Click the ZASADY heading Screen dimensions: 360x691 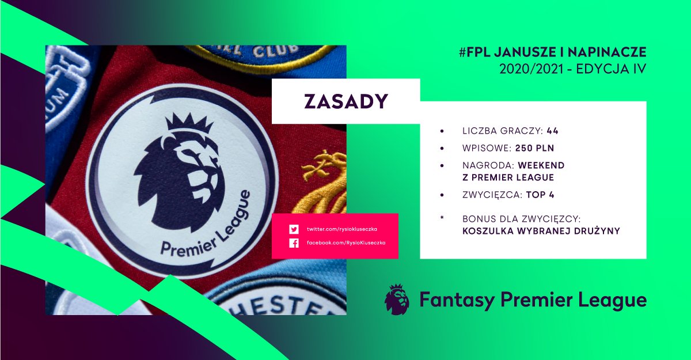pyautogui.click(x=346, y=101)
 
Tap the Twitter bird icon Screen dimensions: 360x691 pyautogui.click(x=294, y=229)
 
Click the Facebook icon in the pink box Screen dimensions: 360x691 pyautogui.click(x=294, y=242)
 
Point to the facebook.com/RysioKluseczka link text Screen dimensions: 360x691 pyautogui.click(x=345, y=242)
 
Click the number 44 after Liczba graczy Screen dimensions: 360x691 pyautogui.click(x=552, y=131)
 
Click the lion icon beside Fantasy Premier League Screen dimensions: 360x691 pyautogui.click(x=397, y=300)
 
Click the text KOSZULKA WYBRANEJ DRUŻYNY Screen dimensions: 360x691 pyautogui.click(x=541, y=231)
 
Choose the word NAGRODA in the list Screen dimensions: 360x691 pyautogui.click(x=487, y=165)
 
